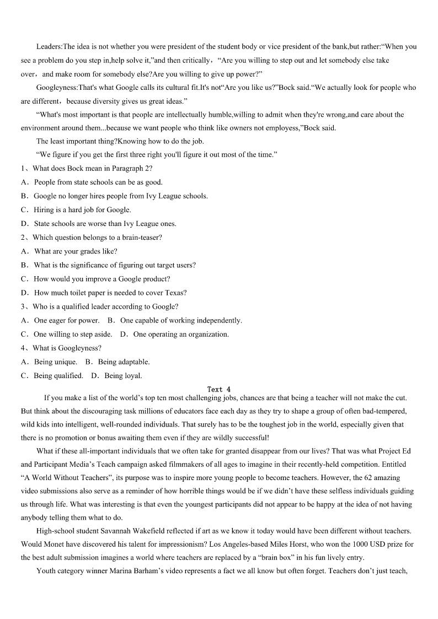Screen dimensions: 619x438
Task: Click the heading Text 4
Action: pyautogui.click(x=219, y=389)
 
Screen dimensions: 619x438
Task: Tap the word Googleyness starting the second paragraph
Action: pyautogui.click(x=57, y=88)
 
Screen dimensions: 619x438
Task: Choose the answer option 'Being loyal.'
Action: pyautogui.click(x=123, y=376)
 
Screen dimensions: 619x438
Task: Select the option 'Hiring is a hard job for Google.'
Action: pyautogui.click(x=83, y=210)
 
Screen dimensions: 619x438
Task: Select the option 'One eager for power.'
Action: pyautogui.click(x=67, y=320)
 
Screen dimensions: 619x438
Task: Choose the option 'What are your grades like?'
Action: pyautogui.click(x=76, y=251)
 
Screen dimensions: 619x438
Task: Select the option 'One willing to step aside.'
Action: pyautogui.click(x=73, y=334)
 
